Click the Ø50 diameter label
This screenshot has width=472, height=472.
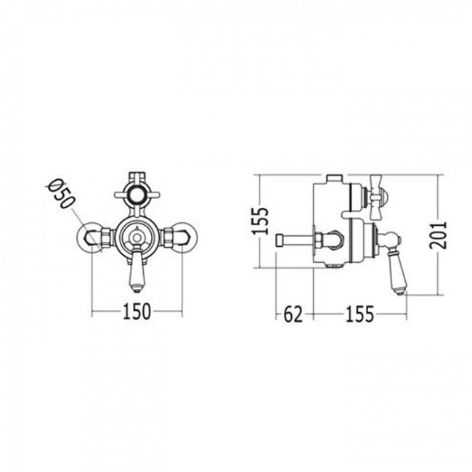click(60, 194)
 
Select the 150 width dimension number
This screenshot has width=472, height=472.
click(137, 312)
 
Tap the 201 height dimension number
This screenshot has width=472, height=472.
click(438, 235)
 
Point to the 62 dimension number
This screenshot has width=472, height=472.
click(293, 314)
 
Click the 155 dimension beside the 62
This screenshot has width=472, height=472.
click(359, 314)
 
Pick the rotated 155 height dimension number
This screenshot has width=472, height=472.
click(260, 221)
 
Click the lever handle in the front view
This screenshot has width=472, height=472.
click(137, 269)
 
